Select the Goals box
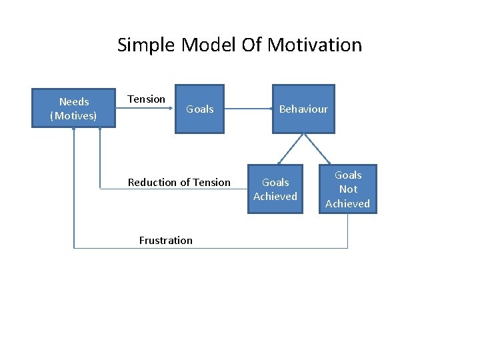199,109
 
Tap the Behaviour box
303,109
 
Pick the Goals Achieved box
275,189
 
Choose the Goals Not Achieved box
347,189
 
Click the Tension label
146,99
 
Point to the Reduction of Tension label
179,182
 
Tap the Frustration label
165,240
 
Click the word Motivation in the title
315,45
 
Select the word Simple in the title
146,45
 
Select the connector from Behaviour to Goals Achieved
291,149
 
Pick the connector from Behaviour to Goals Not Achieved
317,149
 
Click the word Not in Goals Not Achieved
348,189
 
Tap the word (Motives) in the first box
73,116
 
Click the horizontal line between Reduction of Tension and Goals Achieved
239,189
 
